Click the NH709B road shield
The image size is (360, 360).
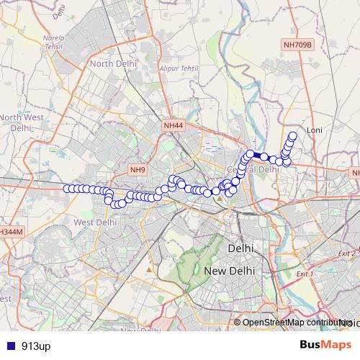click(x=297, y=45)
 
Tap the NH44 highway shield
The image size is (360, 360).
click(x=174, y=125)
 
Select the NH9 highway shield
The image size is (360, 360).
click(x=138, y=170)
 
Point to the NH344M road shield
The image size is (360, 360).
click(x=11, y=232)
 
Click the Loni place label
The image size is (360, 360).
click(x=315, y=130)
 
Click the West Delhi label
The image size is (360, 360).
click(x=95, y=222)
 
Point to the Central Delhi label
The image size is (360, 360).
click(x=253, y=169)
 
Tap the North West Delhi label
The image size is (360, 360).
click(x=19, y=122)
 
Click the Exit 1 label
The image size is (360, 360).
click(x=306, y=274)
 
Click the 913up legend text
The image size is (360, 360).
click(x=36, y=346)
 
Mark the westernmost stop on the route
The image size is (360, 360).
click(x=66, y=189)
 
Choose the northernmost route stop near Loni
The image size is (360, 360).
click(x=293, y=135)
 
